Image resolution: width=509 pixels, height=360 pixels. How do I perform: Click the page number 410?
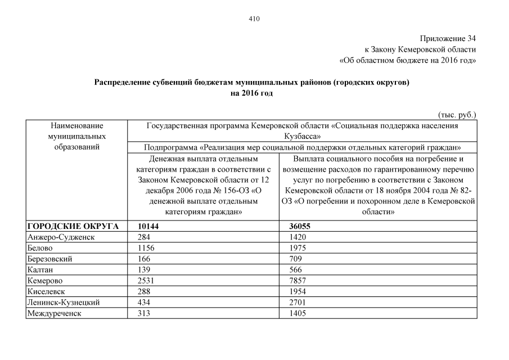click(254, 18)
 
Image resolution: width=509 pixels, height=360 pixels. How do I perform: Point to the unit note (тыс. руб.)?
click(457, 114)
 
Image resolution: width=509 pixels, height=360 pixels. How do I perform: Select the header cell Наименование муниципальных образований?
click(76, 136)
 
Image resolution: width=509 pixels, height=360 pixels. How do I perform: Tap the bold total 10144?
click(149, 226)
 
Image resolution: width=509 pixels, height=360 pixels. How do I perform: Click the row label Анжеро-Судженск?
click(61, 237)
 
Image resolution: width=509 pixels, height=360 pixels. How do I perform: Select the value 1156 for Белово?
click(146, 248)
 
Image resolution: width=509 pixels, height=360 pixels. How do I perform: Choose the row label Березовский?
click(49, 259)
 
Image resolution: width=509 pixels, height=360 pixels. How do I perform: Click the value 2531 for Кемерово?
click(146, 281)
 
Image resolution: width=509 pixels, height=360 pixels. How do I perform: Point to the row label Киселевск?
click(47, 291)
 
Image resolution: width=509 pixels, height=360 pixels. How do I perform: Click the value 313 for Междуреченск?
click(143, 313)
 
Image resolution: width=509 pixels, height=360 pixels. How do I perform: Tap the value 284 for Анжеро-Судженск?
click(143, 237)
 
